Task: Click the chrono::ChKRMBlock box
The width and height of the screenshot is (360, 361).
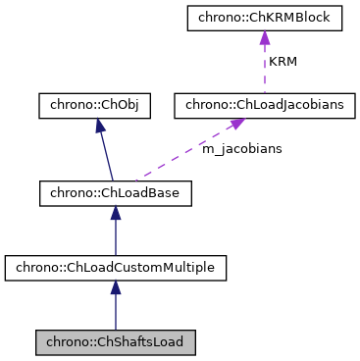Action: (x=264, y=19)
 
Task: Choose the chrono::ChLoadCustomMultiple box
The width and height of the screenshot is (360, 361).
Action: (x=115, y=267)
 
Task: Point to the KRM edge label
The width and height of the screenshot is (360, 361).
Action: (x=284, y=61)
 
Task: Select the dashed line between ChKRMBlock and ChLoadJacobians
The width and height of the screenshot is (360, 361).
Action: (x=264, y=69)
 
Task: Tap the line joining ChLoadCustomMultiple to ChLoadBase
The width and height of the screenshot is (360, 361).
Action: (x=115, y=235)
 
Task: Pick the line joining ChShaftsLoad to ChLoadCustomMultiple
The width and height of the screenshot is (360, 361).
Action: (x=115, y=310)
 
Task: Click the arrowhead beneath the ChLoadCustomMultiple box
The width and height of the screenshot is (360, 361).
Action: (x=115, y=286)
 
